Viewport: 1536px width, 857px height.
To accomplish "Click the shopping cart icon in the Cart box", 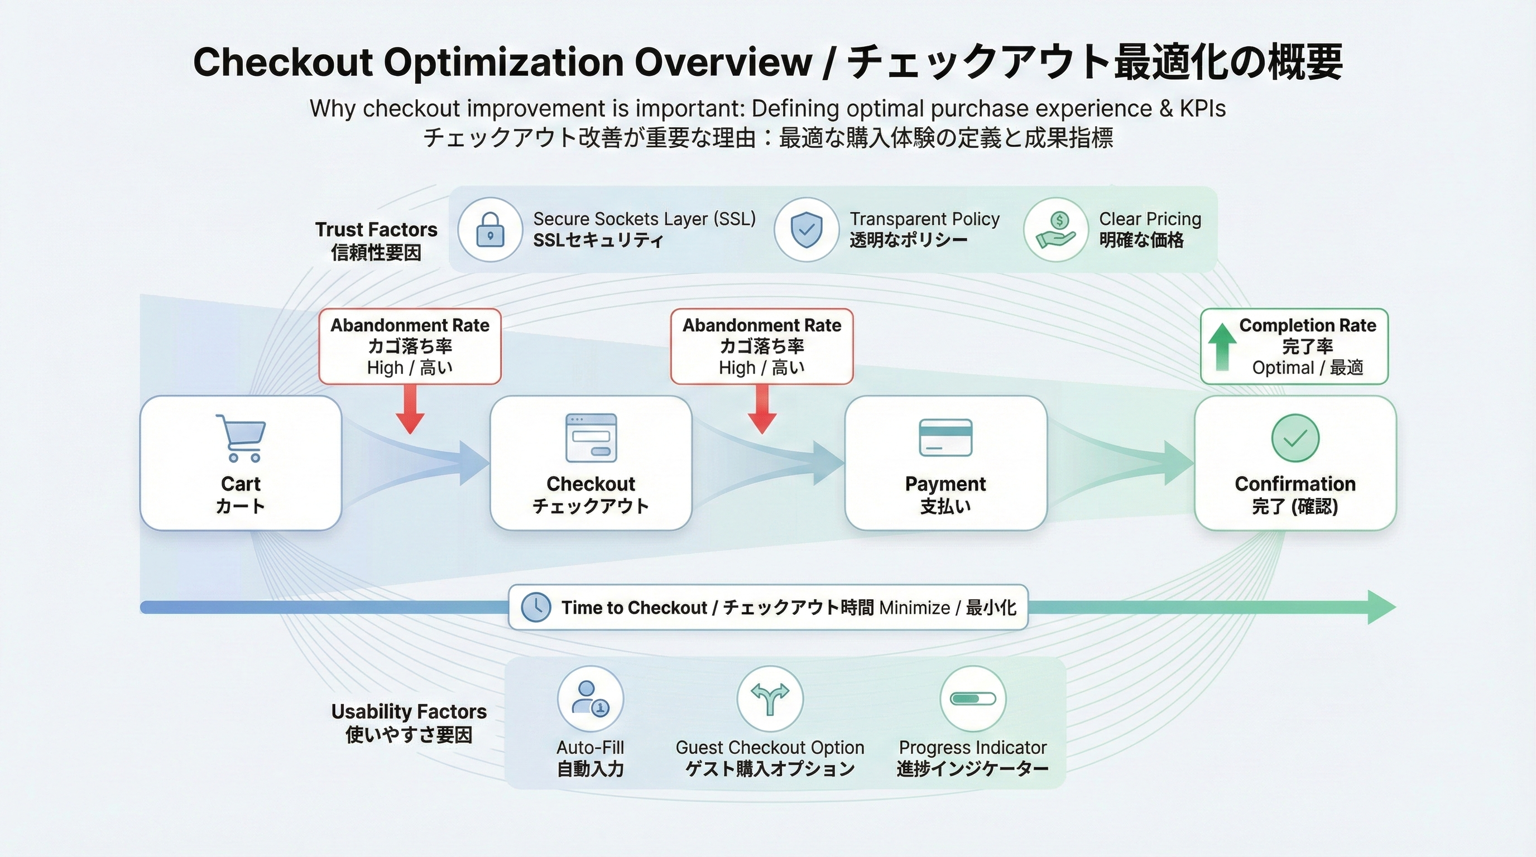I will pos(241,438).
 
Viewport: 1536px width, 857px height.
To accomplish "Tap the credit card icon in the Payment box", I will pos(945,438).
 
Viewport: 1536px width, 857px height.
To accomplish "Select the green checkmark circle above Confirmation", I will pos(1295,438).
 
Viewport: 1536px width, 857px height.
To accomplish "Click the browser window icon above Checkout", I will pos(591,438).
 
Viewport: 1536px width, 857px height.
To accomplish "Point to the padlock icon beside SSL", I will pos(490,230).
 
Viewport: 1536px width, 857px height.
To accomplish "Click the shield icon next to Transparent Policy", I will pos(806,230).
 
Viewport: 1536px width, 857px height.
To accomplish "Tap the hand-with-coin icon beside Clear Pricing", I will pos(1056,230).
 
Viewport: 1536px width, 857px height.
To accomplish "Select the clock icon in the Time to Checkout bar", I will pos(535,607).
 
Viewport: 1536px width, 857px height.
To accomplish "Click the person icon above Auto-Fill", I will pos(590,699).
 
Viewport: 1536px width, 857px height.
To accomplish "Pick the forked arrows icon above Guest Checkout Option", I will pos(770,699).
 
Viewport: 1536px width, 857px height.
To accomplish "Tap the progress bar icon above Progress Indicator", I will pos(972,699).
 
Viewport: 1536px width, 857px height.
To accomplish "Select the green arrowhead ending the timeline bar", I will pos(1380,607).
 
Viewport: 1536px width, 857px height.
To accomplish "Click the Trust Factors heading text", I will pos(376,229).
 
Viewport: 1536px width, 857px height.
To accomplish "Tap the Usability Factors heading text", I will pos(409,711).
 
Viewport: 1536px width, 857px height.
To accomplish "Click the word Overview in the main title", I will pos(723,62).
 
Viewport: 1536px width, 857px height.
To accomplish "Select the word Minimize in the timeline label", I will pos(914,608).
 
